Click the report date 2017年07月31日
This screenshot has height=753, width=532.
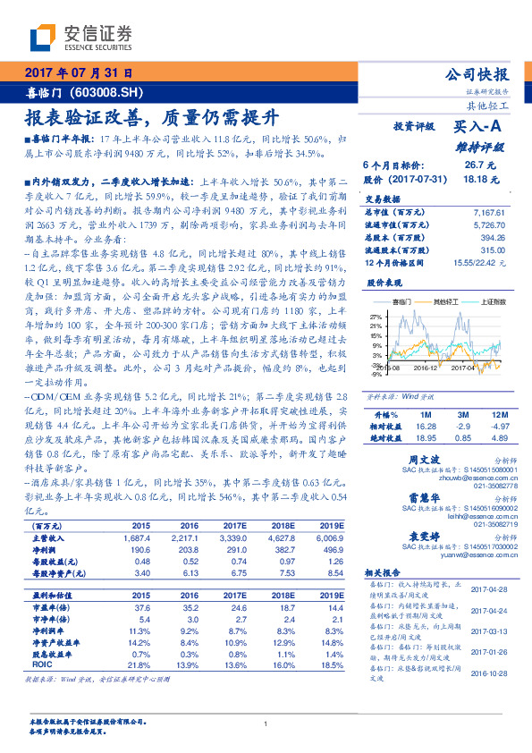[79, 72]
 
